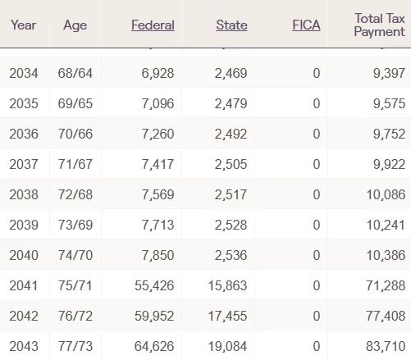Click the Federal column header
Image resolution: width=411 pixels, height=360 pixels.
coord(153,25)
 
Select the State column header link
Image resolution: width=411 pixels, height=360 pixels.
coord(231,25)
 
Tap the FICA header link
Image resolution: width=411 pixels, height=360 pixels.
coord(306,25)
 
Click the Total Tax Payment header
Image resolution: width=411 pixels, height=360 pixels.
coord(380,25)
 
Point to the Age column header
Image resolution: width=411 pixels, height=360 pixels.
coord(75,25)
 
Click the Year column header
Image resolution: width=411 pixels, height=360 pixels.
coord(24,25)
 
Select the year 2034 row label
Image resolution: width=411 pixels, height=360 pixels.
coord(24,73)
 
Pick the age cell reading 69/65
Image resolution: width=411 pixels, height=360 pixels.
coord(75,103)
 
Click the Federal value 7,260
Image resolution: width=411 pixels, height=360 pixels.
coord(158,134)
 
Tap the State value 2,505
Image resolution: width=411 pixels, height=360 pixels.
coord(231,165)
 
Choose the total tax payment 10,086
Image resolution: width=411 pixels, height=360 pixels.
coord(386,195)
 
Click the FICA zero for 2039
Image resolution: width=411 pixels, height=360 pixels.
coord(317,225)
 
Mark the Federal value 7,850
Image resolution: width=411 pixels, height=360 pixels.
coord(158,256)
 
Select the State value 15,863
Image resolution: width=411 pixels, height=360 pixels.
coord(227,286)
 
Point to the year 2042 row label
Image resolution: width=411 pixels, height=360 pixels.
coord(24,316)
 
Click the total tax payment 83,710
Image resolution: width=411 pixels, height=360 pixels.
coord(386,347)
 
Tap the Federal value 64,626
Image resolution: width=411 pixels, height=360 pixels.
coord(154,347)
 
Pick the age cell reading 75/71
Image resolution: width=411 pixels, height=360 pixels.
coord(75,285)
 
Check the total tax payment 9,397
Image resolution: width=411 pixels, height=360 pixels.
coord(389,74)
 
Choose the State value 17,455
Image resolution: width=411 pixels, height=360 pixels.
coord(227,317)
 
